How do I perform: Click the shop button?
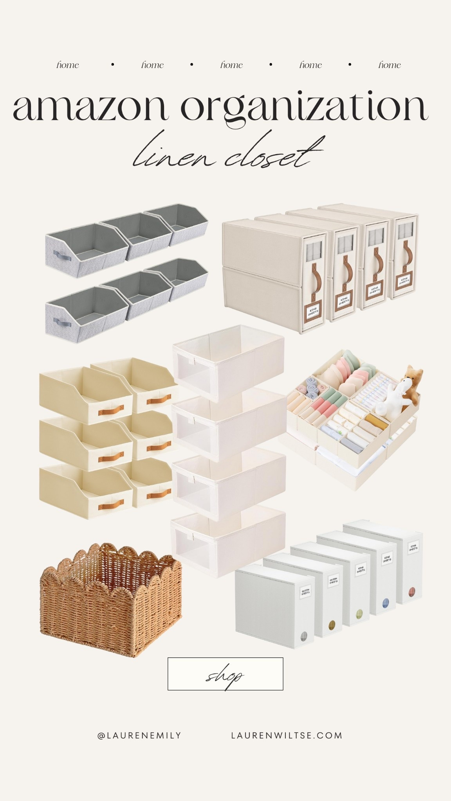click(225, 673)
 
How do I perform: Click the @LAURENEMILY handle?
click(139, 735)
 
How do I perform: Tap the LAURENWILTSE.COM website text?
click(287, 735)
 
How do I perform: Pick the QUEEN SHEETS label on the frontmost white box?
click(305, 593)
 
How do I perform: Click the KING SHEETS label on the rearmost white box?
click(413, 547)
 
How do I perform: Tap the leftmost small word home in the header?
click(68, 65)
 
